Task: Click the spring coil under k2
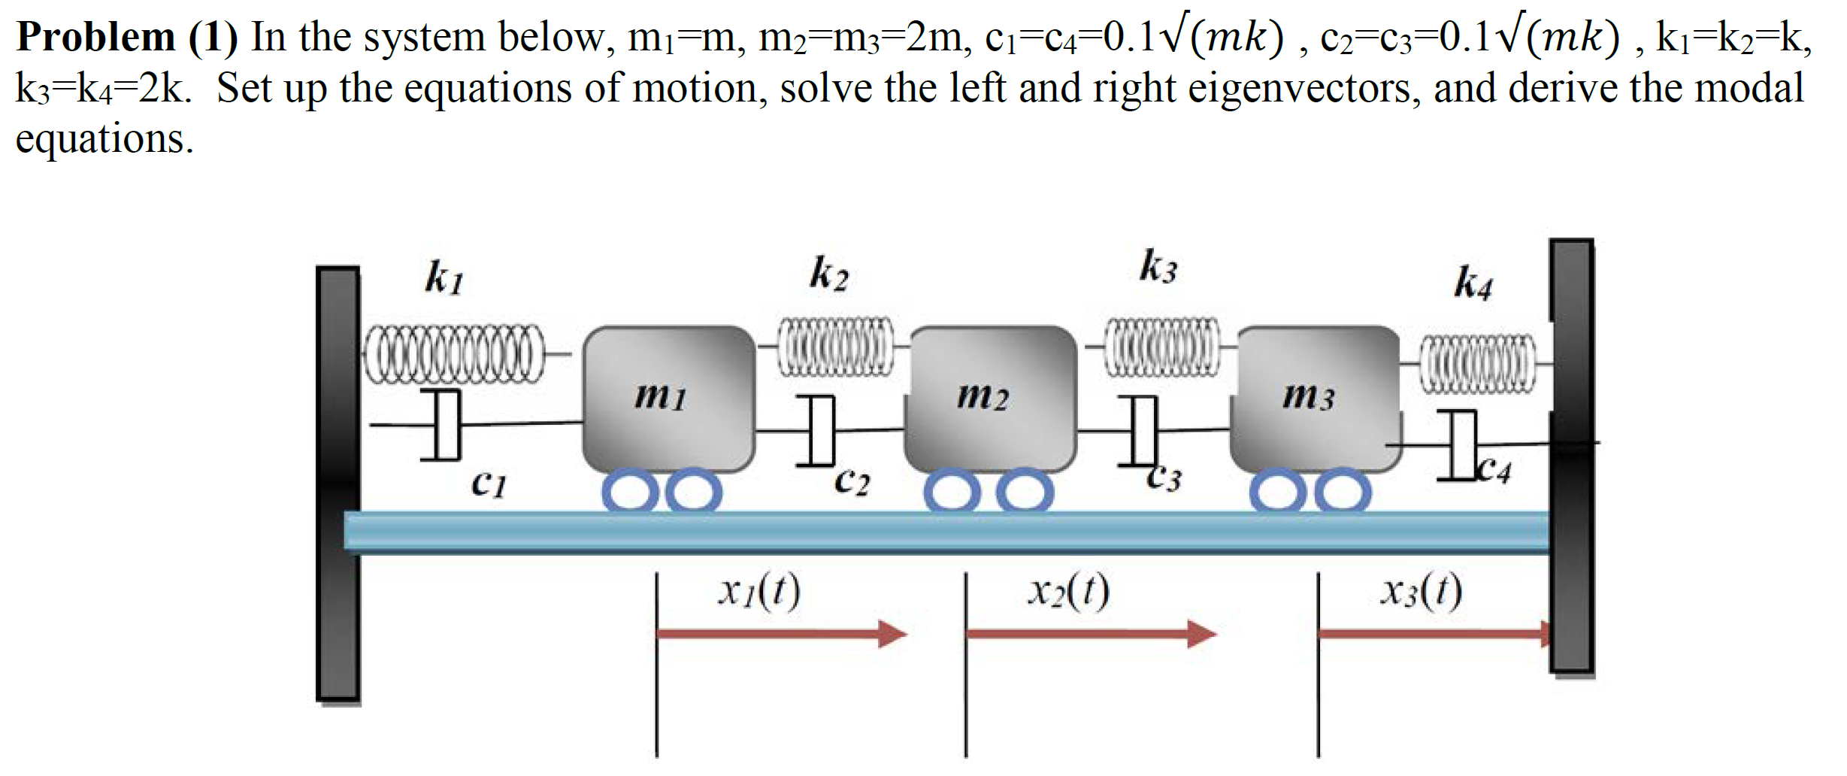click(834, 347)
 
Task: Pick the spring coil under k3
click(1161, 347)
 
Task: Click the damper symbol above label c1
click(444, 424)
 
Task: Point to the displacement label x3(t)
click(1421, 591)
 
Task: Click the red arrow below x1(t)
click(782, 634)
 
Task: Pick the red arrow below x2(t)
click(1090, 634)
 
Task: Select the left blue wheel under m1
click(630, 492)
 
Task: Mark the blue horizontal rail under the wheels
click(947, 532)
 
